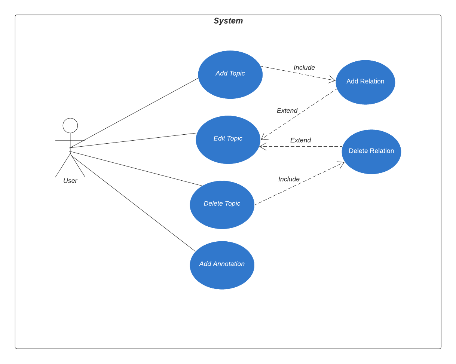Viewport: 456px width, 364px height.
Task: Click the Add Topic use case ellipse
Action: (230, 74)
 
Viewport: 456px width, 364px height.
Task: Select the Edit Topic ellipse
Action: (228, 140)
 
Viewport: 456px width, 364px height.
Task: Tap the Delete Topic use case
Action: (222, 205)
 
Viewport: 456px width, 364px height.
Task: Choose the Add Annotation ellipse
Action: (222, 265)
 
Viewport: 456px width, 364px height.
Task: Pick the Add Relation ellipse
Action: (365, 82)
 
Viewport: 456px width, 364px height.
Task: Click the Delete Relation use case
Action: (371, 152)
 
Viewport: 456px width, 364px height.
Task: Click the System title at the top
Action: (228, 21)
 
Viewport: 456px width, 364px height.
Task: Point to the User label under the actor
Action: (70, 181)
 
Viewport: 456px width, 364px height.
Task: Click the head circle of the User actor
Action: (70, 126)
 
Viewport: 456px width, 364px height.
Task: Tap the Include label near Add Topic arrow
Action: (304, 68)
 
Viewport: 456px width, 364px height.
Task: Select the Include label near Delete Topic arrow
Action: (289, 179)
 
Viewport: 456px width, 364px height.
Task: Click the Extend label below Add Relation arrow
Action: (287, 111)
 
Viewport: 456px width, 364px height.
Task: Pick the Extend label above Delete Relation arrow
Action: (300, 140)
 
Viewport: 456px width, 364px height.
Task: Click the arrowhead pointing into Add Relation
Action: (333, 79)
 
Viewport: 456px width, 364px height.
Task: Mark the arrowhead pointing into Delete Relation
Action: (341, 163)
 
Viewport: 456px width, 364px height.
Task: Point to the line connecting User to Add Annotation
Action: (133, 204)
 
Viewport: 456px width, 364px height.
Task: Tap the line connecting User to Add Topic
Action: (135, 113)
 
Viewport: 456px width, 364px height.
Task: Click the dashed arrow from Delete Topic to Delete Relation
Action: (299, 183)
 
